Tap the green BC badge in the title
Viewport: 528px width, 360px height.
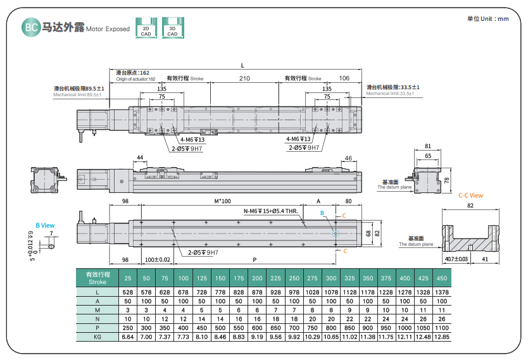[x=30, y=28]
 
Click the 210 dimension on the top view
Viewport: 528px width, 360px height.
[x=244, y=78]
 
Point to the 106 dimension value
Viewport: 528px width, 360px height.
[x=344, y=78]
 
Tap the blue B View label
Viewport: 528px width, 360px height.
[x=44, y=225]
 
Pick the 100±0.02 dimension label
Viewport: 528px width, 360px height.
[x=158, y=260]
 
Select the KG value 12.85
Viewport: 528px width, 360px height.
[x=441, y=337]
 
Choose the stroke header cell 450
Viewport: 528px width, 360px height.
[x=441, y=278]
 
